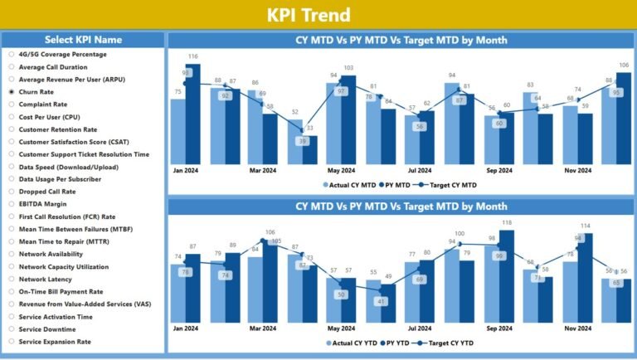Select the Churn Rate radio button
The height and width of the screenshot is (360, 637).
point(12,92)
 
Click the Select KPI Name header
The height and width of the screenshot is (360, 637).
point(83,40)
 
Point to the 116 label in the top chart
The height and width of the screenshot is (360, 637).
point(193,56)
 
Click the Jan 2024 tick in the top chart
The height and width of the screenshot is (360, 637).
point(185,170)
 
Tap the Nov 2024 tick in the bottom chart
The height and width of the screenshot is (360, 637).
point(577,329)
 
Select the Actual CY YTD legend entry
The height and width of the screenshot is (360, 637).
point(355,343)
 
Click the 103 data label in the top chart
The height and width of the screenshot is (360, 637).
point(348,68)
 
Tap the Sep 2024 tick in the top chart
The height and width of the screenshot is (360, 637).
point(499,170)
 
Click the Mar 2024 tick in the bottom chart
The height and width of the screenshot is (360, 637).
point(263,329)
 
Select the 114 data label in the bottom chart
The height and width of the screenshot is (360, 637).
point(584,226)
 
